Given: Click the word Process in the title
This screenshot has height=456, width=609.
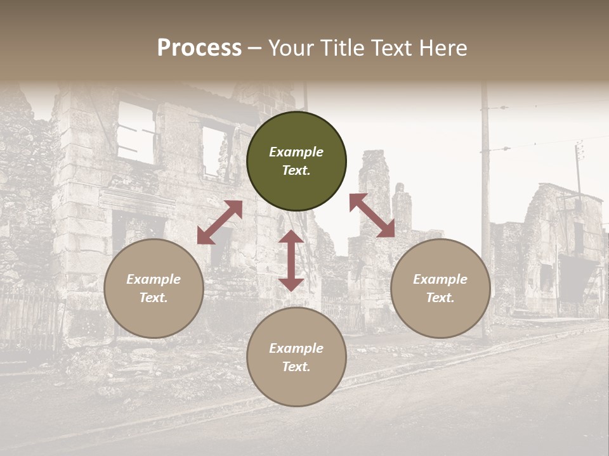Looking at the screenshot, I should coord(199,48).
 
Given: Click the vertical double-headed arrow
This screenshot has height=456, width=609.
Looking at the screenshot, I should coord(291,260).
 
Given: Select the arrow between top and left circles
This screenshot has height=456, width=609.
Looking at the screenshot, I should coord(219,222).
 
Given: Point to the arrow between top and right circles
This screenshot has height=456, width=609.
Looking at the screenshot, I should coord(372,215).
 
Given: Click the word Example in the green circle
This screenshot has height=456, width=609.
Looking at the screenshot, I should coord(296,152).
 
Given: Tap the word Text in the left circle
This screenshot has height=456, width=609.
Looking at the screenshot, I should coord(154,298).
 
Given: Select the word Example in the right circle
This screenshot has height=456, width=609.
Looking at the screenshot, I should coord(440,279).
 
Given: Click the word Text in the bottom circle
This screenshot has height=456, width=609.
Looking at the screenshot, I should coord(296,367).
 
